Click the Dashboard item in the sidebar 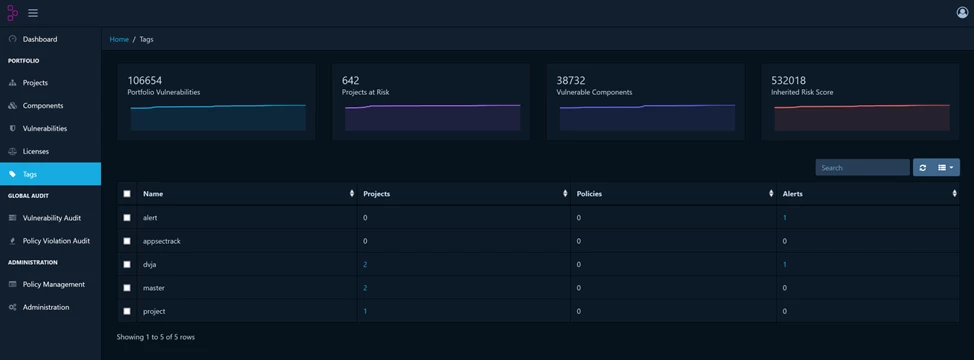point(40,39)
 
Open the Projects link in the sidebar point(35,83)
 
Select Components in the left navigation point(43,106)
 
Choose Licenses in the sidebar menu point(36,151)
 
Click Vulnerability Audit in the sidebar point(51,218)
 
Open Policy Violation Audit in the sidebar point(56,241)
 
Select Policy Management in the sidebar point(53,284)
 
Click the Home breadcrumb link point(119,39)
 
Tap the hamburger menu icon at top point(33,13)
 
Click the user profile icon point(962,13)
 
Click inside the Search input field point(861,168)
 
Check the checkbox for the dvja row point(126,264)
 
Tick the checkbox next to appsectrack point(126,241)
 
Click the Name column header point(153,194)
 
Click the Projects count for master point(365,288)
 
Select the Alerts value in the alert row point(785,218)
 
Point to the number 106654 point(145,80)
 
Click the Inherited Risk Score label point(802,92)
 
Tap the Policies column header point(589,194)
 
